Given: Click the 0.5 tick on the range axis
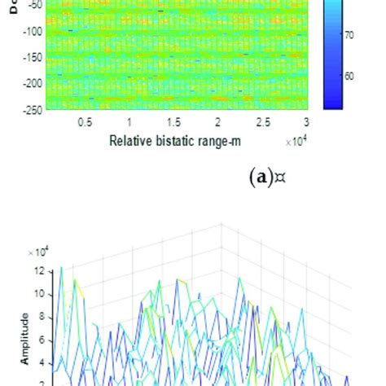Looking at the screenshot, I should (x=84, y=122).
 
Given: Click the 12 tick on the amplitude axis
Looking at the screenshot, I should (x=38, y=271).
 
